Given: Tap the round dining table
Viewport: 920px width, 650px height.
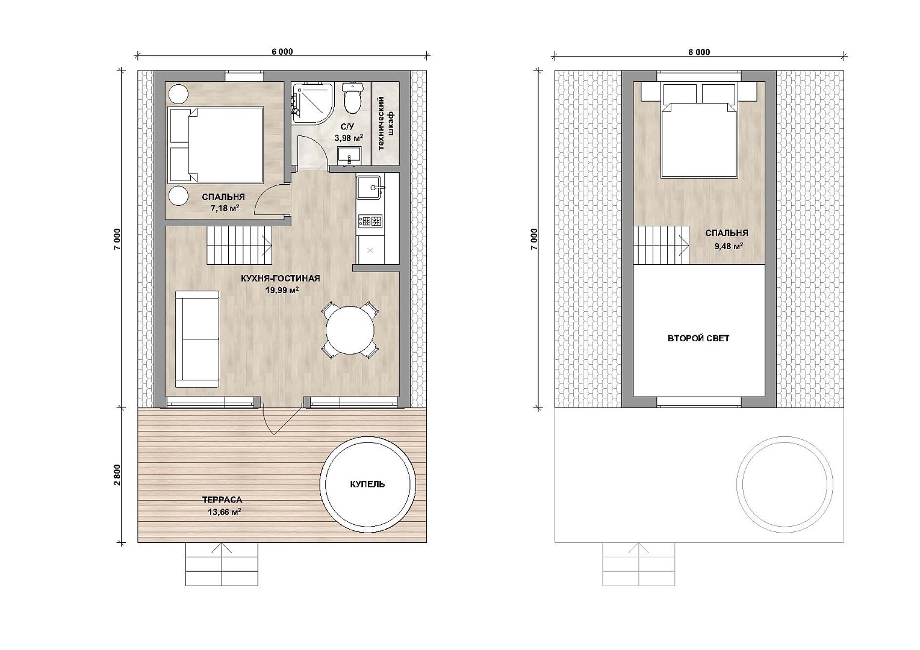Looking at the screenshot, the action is coord(350,330).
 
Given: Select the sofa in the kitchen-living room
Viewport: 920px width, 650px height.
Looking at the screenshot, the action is coord(197,339).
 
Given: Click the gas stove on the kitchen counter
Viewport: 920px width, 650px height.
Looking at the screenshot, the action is coord(370,221).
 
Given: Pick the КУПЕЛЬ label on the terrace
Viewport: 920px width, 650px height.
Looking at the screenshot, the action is coord(368,484).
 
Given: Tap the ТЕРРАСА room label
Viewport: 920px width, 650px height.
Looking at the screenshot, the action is coord(222,500).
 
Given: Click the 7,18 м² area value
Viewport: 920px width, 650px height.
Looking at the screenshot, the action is coord(225,208).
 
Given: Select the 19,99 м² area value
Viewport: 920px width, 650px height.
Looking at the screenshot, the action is coord(282,290).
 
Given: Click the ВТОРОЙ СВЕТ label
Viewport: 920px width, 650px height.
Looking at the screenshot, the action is coord(698,338).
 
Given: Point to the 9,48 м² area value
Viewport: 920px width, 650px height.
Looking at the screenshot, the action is coord(729,246).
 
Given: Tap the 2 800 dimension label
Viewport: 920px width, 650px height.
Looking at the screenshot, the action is coord(117,475).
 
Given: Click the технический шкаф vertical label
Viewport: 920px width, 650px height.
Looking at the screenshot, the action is coord(385,123).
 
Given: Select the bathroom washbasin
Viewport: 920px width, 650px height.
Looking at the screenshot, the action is coord(350,156).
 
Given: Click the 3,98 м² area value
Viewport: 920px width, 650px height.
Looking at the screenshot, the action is coord(349,138).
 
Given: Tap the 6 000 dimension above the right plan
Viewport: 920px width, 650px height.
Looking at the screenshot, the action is coord(699,52).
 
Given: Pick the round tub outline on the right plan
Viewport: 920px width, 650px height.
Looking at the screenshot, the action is coord(785,484).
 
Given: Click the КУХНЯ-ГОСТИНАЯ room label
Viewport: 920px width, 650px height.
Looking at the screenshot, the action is coord(281,279).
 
